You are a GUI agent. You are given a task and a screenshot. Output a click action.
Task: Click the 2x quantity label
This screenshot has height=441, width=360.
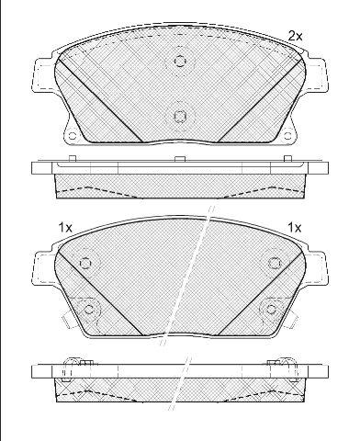click(x=296, y=37)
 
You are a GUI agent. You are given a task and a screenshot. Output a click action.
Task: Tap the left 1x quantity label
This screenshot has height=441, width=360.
click(x=65, y=228)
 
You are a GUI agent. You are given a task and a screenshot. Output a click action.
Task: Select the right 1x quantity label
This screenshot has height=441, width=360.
click(x=295, y=228)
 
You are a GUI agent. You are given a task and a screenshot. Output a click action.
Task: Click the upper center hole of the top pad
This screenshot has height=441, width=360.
click(x=180, y=61)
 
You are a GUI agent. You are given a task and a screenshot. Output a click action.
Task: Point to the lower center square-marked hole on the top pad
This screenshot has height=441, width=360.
click(x=180, y=116)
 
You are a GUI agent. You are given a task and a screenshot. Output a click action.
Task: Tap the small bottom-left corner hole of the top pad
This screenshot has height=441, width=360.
click(x=73, y=136)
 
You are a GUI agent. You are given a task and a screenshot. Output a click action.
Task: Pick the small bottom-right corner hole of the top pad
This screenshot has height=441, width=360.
click(x=287, y=136)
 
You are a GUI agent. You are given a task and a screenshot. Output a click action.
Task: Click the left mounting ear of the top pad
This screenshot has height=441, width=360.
click(x=44, y=74)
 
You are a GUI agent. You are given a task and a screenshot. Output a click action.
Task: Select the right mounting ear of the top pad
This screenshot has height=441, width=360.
click(x=317, y=74)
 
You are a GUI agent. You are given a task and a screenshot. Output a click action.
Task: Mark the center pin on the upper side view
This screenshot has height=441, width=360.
click(x=180, y=159)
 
